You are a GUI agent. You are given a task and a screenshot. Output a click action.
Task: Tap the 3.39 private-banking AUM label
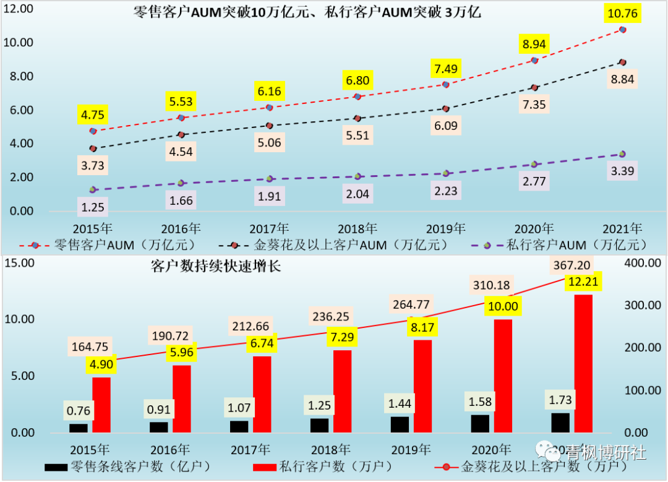623,171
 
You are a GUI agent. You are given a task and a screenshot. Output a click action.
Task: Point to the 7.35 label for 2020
533,104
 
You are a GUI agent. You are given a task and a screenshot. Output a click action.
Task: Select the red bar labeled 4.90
101,405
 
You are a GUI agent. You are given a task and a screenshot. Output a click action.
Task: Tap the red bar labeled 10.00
503,376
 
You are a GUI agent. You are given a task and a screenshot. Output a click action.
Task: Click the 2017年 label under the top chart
270,228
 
